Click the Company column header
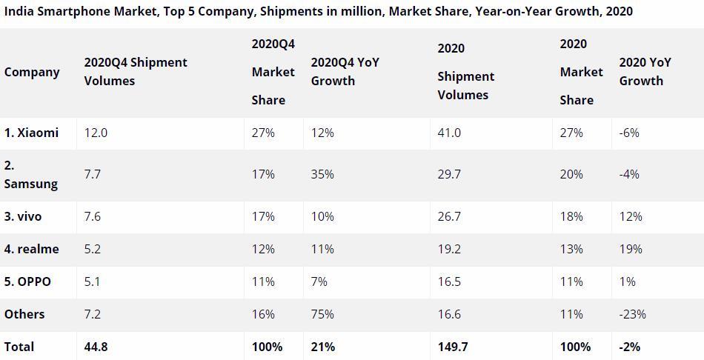(32, 73)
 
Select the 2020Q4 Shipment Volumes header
(136, 71)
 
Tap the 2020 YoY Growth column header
(645, 71)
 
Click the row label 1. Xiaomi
(31, 133)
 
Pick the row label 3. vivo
(23, 216)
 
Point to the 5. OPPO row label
(27, 282)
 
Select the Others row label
(24, 314)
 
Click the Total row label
(19, 347)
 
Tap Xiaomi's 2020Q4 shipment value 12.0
(96, 133)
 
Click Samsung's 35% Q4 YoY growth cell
(322, 174)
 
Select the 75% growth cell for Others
(322, 314)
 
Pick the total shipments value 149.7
(453, 347)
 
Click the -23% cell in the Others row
(633, 314)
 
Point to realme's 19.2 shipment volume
(449, 249)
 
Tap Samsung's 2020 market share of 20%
(571, 174)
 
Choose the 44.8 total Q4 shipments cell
(96, 347)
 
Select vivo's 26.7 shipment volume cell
(449, 216)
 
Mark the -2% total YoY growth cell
(630, 347)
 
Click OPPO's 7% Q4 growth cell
(319, 282)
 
